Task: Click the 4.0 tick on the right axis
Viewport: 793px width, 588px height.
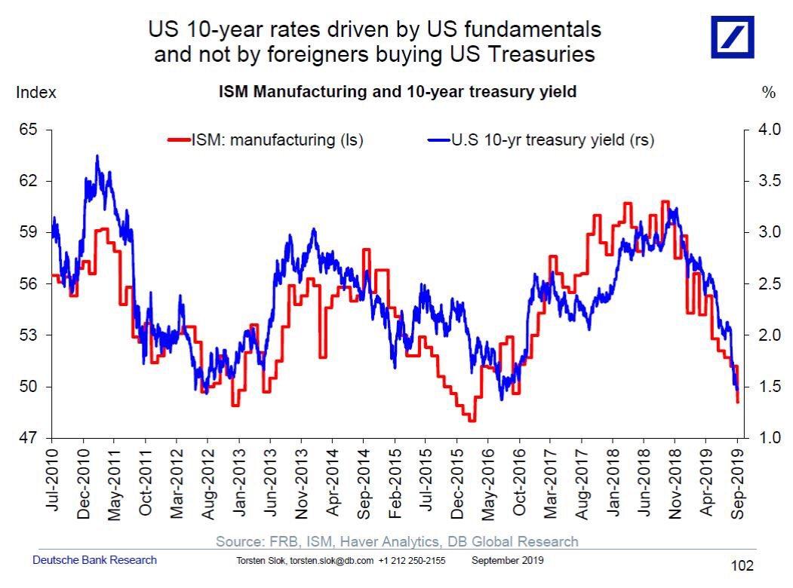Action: pyautogui.click(x=767, y=130)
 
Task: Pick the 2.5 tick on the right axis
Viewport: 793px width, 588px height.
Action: pyautogui.click(x=767, y=284)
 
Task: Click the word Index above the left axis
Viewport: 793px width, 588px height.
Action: pyautogui.click(x=35, y=93)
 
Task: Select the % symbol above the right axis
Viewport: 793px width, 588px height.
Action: pyautogui.click(x=769, y=93)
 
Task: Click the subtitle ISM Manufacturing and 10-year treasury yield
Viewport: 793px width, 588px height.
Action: pyautogui.click(x=398, y=92)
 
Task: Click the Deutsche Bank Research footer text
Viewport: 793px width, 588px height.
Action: pyautogui.click(x=95, y=560)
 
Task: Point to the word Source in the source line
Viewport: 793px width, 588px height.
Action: pyautogui.click(x=238, y=541)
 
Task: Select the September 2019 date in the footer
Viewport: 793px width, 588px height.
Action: pyautogui.click(x=507, y=561)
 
